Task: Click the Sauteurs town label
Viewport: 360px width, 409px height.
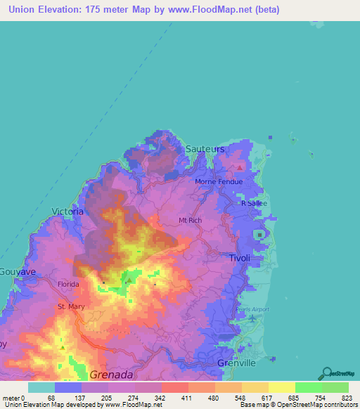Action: pos(205,150)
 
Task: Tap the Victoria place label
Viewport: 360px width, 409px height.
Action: pos(68,211)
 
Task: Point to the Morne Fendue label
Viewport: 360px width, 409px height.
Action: pos(219,182)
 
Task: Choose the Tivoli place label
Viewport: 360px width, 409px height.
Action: pos(240,258)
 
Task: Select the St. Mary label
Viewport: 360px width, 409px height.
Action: pos(70,307)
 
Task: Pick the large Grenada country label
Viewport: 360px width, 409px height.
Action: pos(112,375)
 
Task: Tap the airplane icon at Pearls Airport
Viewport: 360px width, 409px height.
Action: pos(252,320)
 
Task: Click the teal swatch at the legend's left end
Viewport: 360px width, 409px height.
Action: pos(41,387)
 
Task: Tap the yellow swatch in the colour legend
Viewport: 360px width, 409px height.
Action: pos(281,387)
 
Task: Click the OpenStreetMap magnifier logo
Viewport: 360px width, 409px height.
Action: pos(326,373)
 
